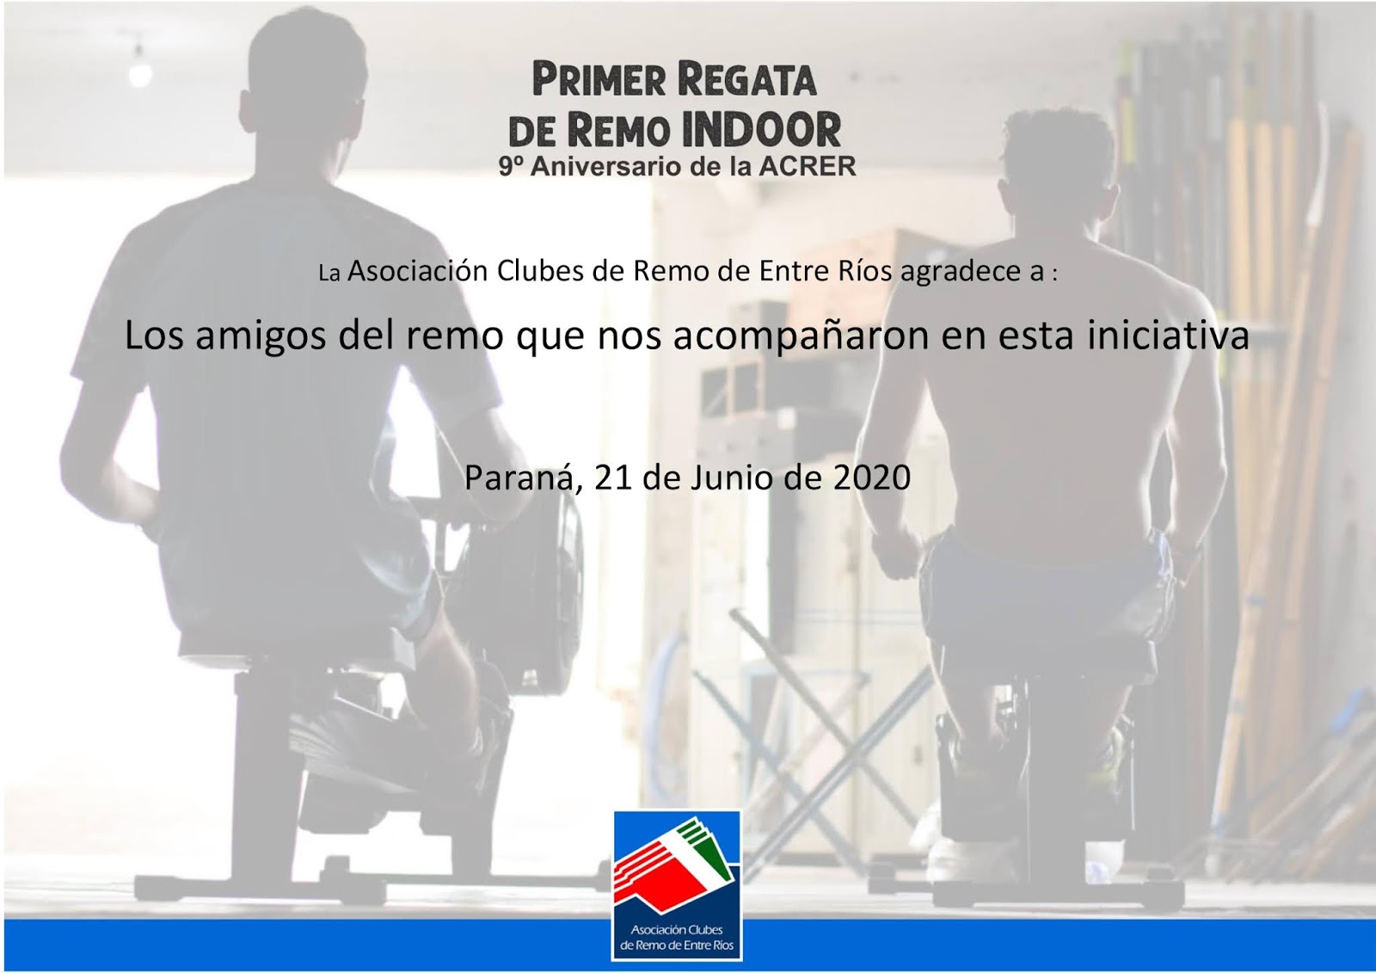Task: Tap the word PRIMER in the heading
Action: click(599, 80)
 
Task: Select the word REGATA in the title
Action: click(746, 80)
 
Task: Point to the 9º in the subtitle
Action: click(511, 167)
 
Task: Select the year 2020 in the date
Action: click(872, 477)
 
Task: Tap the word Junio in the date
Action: click(730, 478)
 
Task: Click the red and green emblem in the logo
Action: click(674, 860)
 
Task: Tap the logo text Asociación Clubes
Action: click(676, 930)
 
